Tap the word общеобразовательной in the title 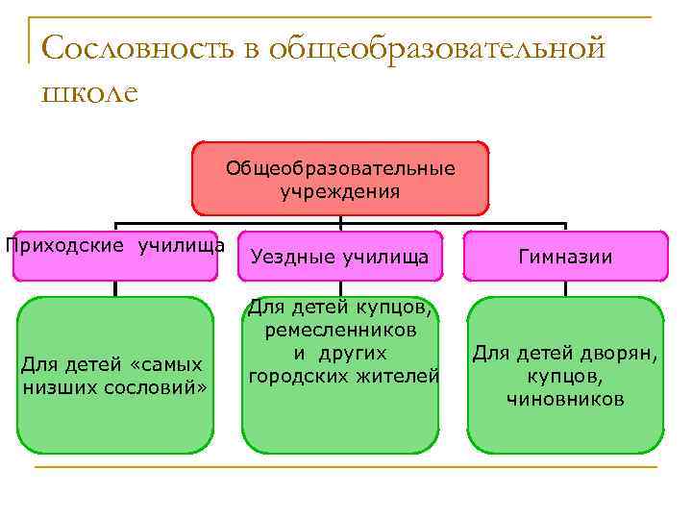437,48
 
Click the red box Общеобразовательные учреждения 340,179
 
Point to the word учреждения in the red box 340,190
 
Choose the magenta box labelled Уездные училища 340,257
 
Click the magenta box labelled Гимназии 565,257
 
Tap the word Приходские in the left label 65,244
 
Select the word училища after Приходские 182,244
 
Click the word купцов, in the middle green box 393,309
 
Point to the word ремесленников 340,331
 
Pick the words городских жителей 343,376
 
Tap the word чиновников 565,399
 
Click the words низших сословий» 115,387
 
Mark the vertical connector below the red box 340,222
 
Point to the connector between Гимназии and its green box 565,287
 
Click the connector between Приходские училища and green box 115,287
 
